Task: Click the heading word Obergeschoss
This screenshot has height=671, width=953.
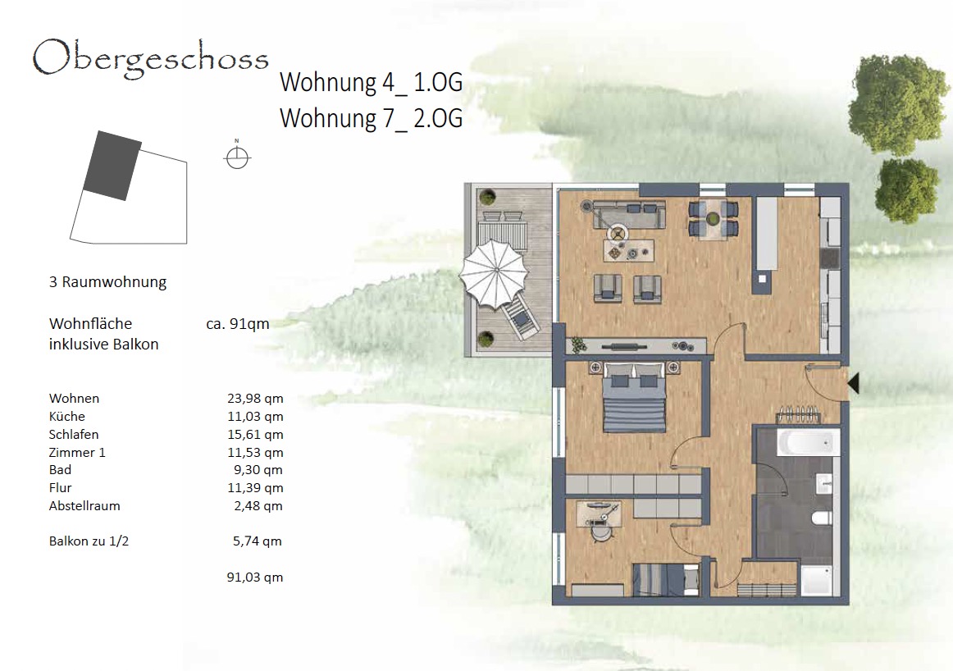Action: (150, 59)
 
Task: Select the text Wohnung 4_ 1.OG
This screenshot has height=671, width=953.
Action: (371, 83)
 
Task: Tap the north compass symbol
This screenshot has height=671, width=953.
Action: (237, 157)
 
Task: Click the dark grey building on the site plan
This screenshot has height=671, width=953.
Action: (112, 166)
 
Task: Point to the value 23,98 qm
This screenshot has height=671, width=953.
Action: (255, 398)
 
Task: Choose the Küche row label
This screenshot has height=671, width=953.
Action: (67, 417)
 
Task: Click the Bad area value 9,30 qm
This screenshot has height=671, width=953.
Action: (258, 470)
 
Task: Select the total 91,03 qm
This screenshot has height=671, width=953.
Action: (255, 577)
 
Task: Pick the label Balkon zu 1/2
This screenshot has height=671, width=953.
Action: (89, 541)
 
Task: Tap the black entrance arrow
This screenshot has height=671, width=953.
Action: (853, 383)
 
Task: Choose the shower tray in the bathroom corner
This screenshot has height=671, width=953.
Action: (817, 581)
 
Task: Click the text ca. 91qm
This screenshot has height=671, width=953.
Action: (238, 324)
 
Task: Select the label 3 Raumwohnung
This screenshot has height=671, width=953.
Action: (107, 282)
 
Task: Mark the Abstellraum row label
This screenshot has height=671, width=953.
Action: (84, 505)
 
